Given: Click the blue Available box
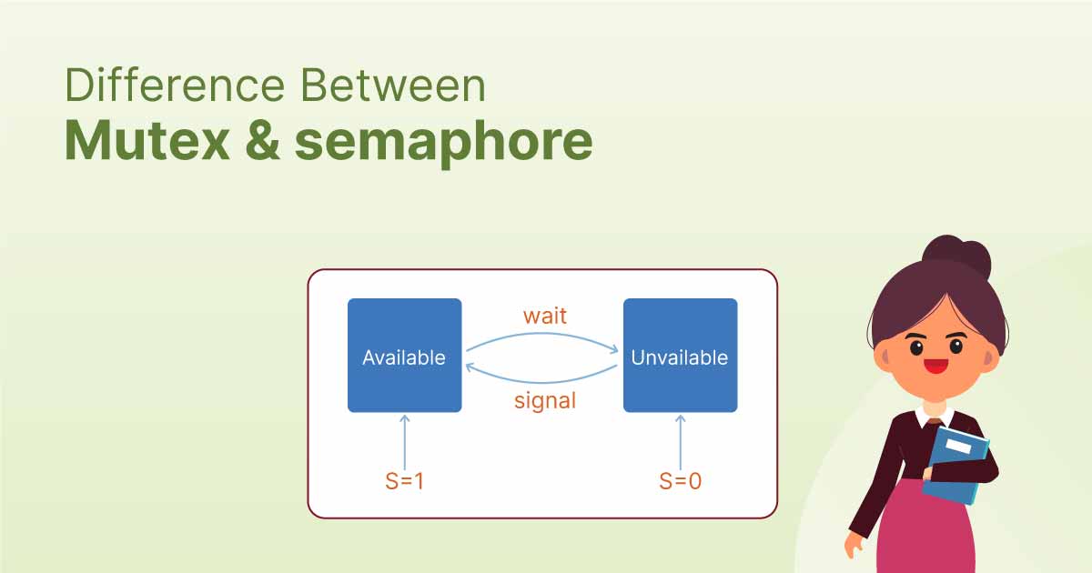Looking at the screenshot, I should point(404,356).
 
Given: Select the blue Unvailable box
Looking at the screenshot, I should point(680,356).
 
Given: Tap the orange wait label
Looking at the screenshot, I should point(544,316).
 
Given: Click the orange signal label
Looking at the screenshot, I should point(544,399).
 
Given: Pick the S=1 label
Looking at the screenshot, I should point(405,481).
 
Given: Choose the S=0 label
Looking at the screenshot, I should point(680,481).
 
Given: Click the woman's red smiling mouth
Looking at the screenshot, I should point(935,367).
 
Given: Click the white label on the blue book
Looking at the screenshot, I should point(958,447).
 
